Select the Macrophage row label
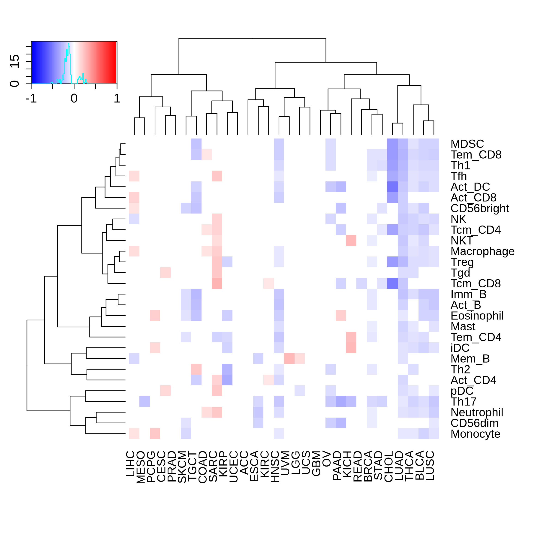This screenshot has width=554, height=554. coord(482,251)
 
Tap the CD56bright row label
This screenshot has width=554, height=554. coord(479,208)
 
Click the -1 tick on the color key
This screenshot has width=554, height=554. coord(31,99)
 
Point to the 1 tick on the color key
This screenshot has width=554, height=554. coord(117,99)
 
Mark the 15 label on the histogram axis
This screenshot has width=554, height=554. coord(15,61)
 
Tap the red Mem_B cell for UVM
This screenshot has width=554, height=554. coord(289,358)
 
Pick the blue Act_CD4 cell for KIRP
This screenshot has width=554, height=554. coord(227,380)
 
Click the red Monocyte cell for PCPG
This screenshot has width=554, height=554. coord(155,434)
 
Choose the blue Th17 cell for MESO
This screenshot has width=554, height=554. coord(145,401)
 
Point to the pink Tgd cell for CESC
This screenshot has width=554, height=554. coord(166,272)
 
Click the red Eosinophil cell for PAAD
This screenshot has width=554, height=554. coord(341,315)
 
